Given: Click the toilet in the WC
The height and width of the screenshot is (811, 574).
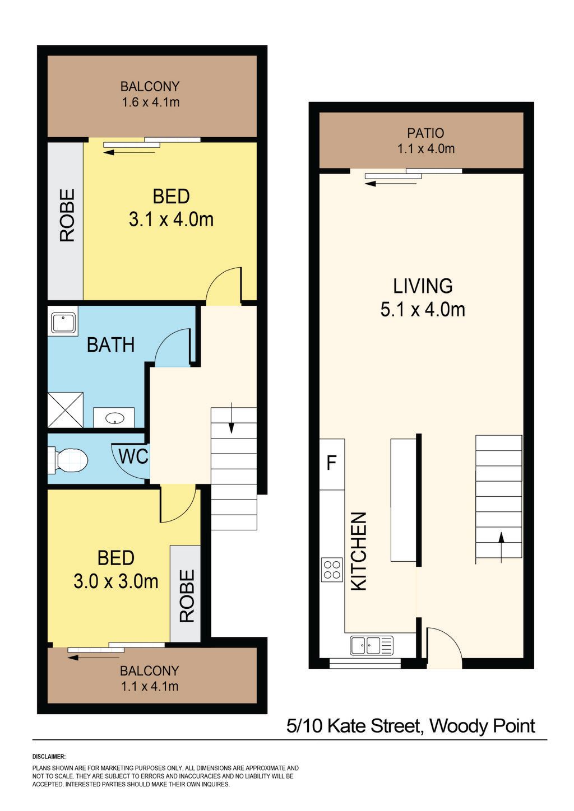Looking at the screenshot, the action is coord(68,460).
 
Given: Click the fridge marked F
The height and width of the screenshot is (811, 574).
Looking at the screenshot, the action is coord(332,464).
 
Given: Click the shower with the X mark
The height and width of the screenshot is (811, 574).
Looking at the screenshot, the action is coord(66,410).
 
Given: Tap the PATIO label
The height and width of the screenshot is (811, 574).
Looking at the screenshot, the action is coord(425,133).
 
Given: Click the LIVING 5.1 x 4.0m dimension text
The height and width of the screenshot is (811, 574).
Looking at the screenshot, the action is coord(423,310).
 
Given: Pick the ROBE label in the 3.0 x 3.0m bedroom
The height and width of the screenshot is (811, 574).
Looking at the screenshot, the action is coord(187,596).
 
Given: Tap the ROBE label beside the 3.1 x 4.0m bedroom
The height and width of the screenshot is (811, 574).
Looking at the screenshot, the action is coord(67,216).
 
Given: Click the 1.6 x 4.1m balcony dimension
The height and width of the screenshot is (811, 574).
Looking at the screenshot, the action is coord(151,102).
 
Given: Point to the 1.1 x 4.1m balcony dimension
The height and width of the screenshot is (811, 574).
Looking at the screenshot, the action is coord(149,687).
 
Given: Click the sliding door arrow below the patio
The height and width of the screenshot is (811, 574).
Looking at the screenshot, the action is coord(391,184).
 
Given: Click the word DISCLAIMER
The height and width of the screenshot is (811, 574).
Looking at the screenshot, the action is coord(49,756).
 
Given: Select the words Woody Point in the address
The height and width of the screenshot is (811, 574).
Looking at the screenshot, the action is coord(482,725).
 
